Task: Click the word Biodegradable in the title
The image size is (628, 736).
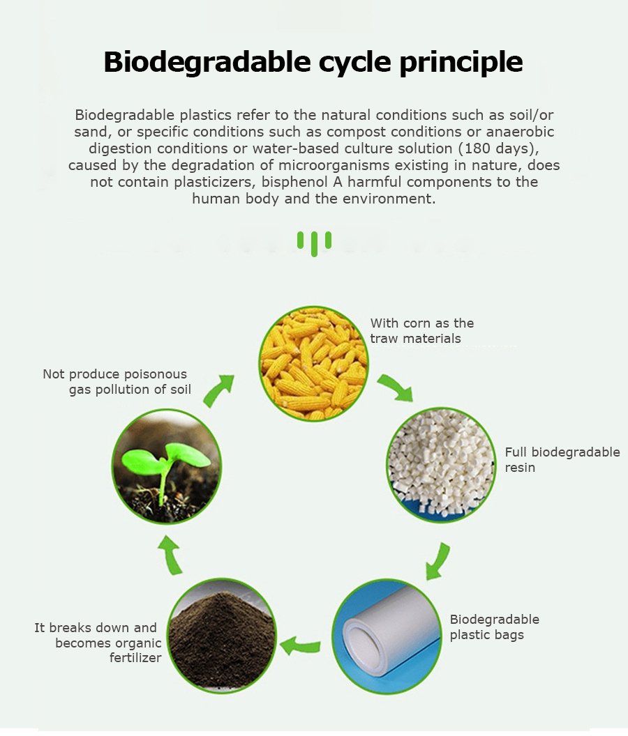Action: coord(207,62)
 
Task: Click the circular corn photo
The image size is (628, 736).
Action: coord(313,363)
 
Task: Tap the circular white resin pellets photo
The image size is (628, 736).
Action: coord(441,465)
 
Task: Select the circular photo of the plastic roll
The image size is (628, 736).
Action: coord(387,636)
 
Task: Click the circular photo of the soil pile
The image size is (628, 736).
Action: coord(221,636)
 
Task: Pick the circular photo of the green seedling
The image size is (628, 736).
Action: coord(167,466)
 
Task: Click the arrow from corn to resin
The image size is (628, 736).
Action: coord(396,387)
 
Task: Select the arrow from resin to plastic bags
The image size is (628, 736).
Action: coord(438,561)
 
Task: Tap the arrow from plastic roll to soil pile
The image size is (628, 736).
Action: coord(301,645)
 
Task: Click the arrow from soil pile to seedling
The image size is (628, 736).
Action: coord(171,555)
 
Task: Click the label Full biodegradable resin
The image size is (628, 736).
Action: coord(562,459)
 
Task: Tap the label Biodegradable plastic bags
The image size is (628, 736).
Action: coord(494,627)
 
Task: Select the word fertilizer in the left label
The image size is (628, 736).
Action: coord(135,658)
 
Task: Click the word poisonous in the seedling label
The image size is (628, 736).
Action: coord(155,374)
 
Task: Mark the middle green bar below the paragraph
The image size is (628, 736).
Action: coord(314,244)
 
